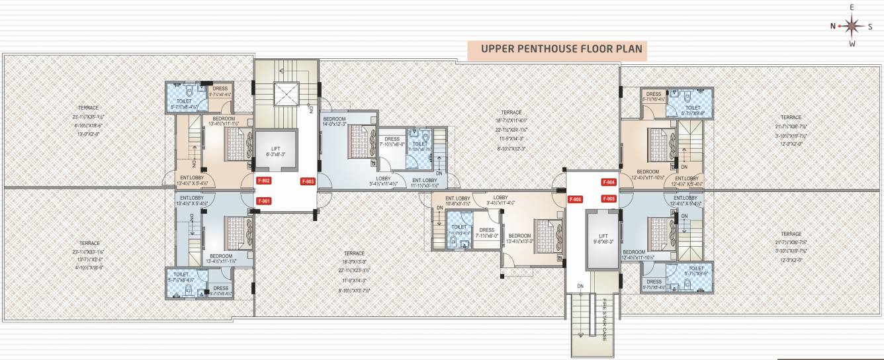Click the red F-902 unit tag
tap(264, 181)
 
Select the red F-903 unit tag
tap(308, 181)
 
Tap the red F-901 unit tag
tap(264, 201)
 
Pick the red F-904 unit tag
tap(609, 182)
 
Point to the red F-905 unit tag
tap(609, 199)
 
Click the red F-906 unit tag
tap(575, 199)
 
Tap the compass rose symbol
tap(852, 26)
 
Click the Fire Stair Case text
tap(604, 320)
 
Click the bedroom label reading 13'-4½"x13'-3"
tap(519, 239)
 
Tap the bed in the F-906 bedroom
tap(548, 236)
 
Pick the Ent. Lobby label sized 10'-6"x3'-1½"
tap(458, 201)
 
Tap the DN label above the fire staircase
tap(580, 287)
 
